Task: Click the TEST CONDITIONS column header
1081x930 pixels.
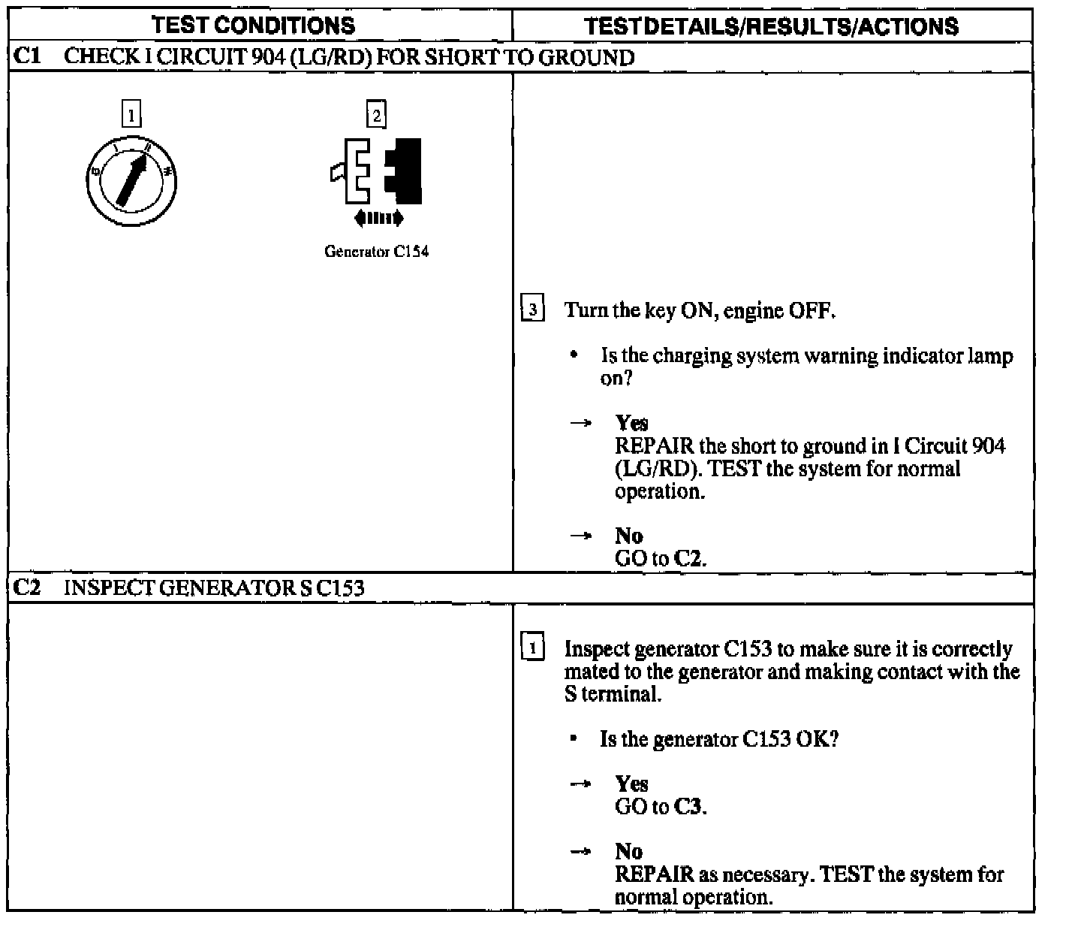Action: pos(254,26)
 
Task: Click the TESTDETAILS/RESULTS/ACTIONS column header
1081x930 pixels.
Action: pos(772,26)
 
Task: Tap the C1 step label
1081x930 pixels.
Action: pos(28,57)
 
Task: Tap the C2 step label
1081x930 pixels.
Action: pos(28,587)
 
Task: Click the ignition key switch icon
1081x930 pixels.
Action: pos(131,180)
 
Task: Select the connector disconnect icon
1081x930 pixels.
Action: pos(377,171)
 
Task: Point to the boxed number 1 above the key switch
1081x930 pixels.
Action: pos(131,115)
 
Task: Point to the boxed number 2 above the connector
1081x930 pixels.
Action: pos(376,115)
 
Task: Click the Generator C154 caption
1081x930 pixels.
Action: pos(376,252)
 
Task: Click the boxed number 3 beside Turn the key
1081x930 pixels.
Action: pos(532,310)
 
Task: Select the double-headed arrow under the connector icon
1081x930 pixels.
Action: pos(378,219)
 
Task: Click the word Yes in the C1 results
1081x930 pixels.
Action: pos(631,422)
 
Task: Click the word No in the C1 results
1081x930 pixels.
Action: pos(629,536)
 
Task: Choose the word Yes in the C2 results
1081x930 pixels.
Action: pos(631,784)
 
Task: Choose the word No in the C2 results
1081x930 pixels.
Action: pos(629,851)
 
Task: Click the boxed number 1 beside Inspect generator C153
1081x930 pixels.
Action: pos(531,648)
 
